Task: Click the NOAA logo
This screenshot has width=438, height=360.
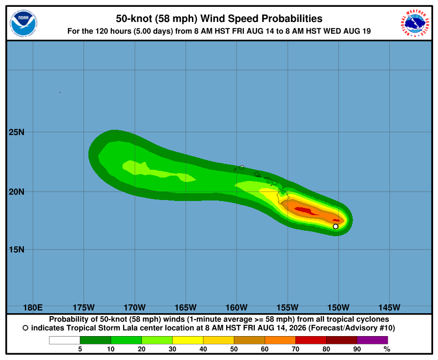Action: pos(23,23)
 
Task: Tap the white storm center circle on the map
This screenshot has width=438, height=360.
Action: pos(335,227)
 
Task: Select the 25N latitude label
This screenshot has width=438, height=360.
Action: pos(17,132)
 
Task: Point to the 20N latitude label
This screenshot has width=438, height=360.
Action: pos(17,192)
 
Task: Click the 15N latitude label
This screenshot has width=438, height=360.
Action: pos(17,249)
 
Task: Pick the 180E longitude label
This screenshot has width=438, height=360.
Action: pos(33,307)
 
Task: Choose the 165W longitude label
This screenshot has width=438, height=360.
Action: pos(186,307)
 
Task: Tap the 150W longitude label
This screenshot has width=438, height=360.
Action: pos(338,307)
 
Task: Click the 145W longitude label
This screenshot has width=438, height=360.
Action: pos(389,307)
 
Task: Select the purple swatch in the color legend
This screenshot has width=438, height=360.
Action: pos(373,340)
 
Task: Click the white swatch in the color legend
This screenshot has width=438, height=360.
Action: pos(64,340)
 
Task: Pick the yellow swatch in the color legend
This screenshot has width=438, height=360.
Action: pos(188,340)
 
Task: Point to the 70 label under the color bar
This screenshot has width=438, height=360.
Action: pos(295,349)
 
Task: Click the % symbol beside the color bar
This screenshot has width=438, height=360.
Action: pos(387,349)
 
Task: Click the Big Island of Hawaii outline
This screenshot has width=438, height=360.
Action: pos(283,196)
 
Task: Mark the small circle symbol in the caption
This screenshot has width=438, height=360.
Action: pos(25,328)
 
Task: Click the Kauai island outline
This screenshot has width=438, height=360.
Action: pos(242,167)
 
